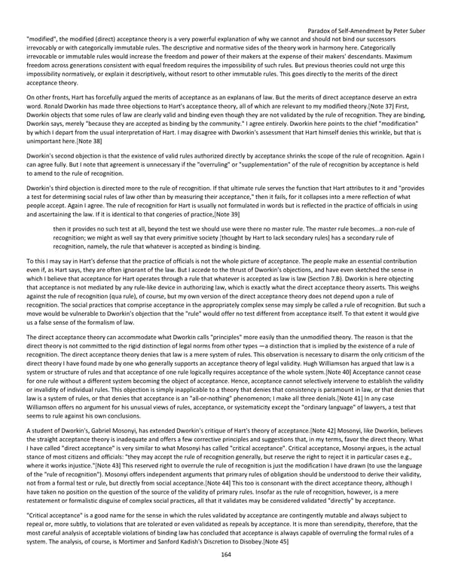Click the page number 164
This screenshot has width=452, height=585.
tap(225, 575)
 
